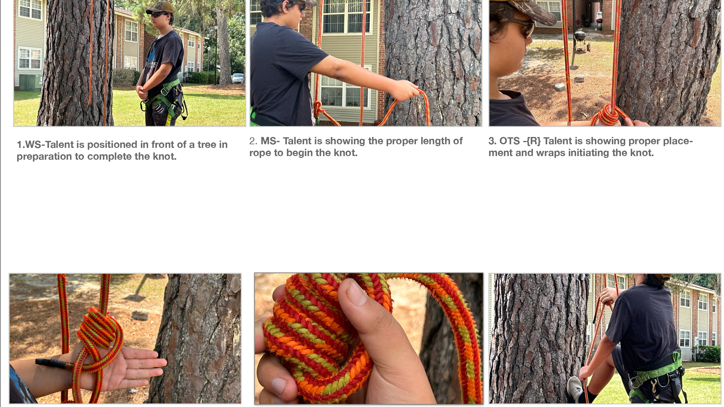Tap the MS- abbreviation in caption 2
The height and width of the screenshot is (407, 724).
coord(270,141)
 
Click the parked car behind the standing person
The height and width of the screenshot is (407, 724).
coord(237,78)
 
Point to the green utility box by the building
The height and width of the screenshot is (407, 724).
coord(30,82)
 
